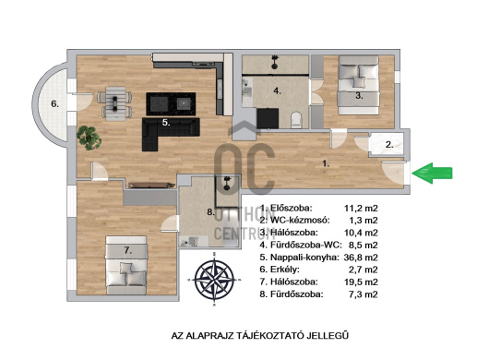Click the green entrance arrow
(432, 173)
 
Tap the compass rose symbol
(214, 279)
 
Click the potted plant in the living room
(89, 138)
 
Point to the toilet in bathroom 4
(296, 120)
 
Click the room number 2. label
(389, 145)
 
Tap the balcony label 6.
(54, 104)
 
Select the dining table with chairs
(115, 103)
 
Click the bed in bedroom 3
(359, 85)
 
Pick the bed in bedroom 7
(126, 265)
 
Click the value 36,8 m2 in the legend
(361, 258)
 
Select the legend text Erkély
(285, 270)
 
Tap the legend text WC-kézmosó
(300, 221)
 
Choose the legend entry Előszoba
(291, 208)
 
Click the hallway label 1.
(326, 163)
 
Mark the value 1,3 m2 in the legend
(364, 221)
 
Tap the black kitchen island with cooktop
(171, 104)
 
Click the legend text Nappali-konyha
(304, 258)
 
